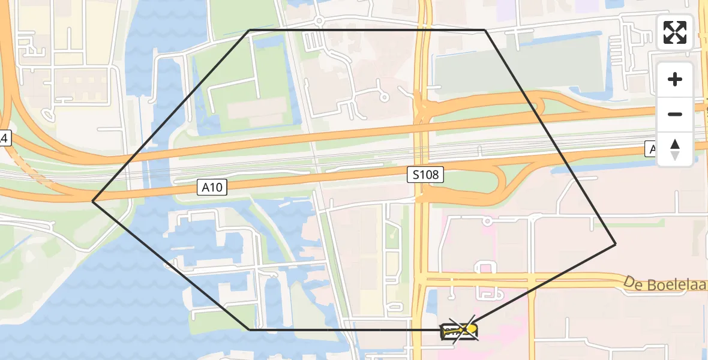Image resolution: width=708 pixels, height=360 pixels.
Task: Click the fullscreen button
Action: (x=675, y=32)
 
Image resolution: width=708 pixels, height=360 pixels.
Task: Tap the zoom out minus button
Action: (x=675, y=114)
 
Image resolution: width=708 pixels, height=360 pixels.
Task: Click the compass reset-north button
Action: (x=675, y=149)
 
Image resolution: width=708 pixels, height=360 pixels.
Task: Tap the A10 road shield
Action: (x=212, y=188)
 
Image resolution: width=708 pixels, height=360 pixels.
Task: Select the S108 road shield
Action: (x=426, y=175)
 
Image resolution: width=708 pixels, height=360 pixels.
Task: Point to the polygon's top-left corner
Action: (x=250, y=30)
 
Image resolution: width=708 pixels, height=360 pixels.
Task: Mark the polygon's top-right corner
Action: (x=485, y=30)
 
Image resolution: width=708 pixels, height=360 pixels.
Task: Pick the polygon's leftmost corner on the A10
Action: (x=93, y=202)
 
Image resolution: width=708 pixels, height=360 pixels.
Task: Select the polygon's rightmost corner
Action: (x=616, y=244)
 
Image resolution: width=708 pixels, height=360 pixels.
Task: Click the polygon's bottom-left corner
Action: (x=250, y=329)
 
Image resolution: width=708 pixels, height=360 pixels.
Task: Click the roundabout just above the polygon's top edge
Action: (x=319, y=21)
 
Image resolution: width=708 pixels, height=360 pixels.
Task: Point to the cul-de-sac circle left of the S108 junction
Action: (x=383, y=96)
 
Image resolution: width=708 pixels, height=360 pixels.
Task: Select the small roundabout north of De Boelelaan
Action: (x=487, y=222)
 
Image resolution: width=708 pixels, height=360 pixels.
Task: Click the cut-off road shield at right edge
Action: (x=651, y=149)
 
